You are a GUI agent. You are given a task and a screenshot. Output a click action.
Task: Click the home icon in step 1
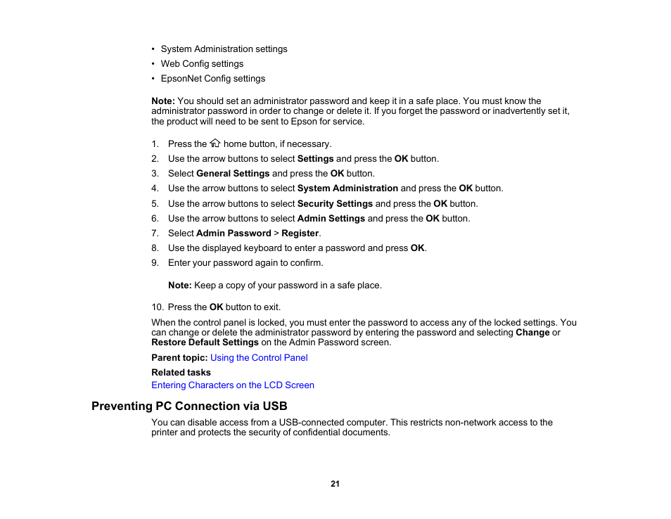tap(215, 143)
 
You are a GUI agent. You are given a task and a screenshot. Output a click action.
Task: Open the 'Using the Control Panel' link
tap(259, 358)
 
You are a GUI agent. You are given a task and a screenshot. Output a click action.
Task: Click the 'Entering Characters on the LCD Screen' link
tap(233, 385)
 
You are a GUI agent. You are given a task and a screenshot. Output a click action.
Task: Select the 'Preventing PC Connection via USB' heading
tap(189, 406)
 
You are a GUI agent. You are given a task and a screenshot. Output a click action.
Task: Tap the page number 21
tap(335, 484)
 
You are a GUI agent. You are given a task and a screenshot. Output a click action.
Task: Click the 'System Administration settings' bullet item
tap(224, 49)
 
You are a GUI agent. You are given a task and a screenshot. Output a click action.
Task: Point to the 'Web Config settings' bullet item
tap(202, 64)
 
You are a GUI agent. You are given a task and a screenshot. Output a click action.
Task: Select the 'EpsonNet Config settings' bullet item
tap(212, 79)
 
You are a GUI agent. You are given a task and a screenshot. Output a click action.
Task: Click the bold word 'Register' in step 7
tap(300, 233)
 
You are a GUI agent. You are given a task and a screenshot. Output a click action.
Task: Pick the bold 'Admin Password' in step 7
tap(234, 233)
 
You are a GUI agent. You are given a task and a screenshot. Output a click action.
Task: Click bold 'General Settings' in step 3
tap(233, 174)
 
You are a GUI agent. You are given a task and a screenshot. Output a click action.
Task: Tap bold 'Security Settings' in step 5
tap(335, 204)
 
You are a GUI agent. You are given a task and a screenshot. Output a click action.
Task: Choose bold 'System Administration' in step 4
tap(347, 188)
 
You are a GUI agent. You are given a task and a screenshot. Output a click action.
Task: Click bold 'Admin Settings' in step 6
tap(331, 219)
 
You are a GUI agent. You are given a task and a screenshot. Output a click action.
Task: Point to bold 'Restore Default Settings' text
tap(205, 342)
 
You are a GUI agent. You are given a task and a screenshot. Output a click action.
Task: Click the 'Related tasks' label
tap(181, 373)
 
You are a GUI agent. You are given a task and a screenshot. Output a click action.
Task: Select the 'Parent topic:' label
tap(179, 358)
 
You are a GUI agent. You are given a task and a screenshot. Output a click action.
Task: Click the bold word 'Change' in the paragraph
tap(532, 333)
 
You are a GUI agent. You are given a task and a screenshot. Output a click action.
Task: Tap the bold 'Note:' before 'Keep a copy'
tap(179, 286)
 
